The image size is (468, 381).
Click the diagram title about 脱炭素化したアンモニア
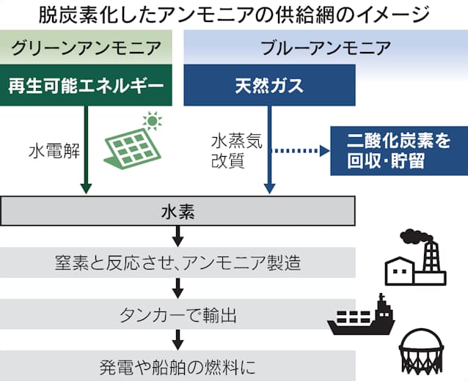[233, 14]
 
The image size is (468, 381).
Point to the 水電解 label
[50, 153]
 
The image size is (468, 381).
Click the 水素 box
[178, 212]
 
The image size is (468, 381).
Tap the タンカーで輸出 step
[178, 315]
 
